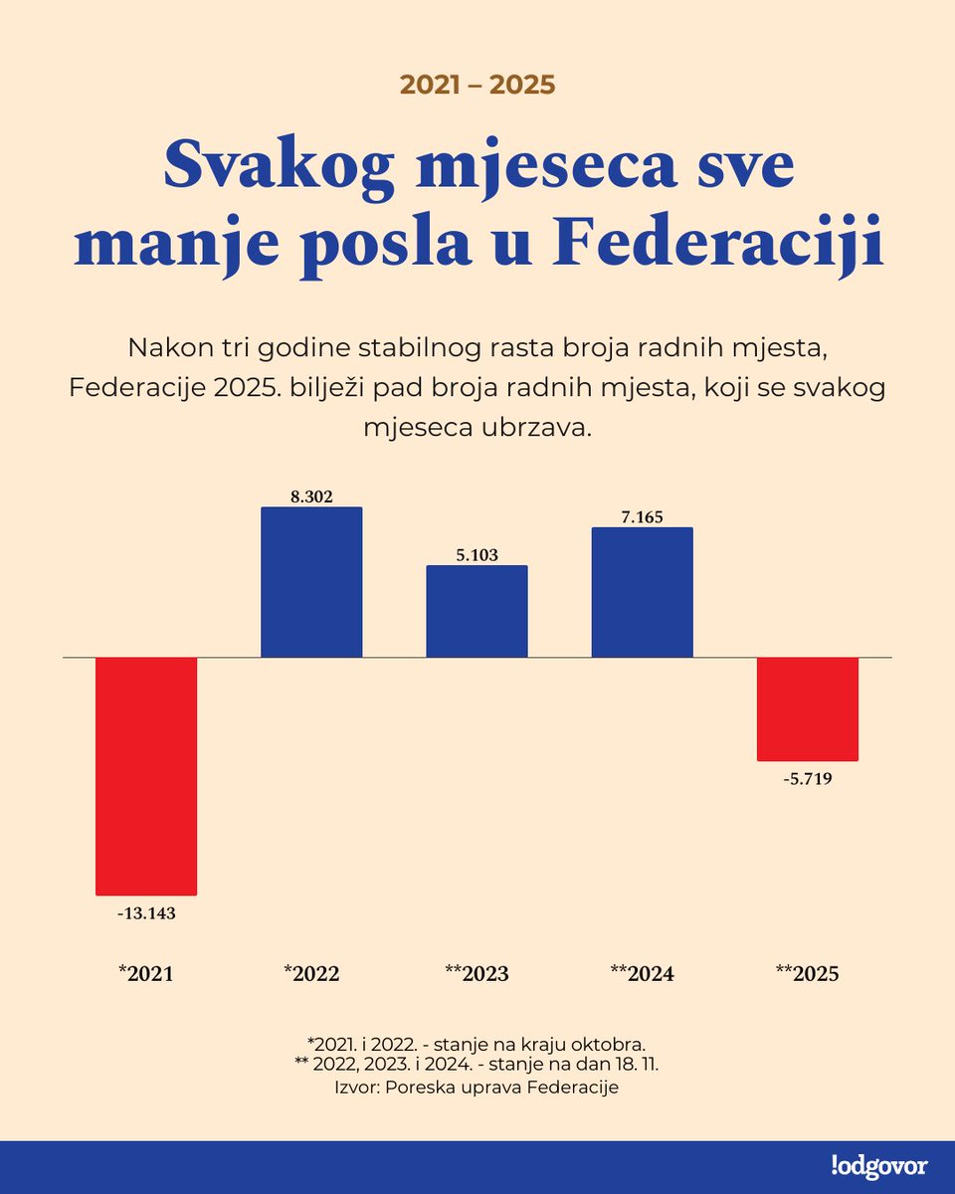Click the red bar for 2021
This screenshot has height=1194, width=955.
point(146,776)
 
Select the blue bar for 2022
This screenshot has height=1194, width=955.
point(311,583)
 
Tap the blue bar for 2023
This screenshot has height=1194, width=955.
point(477,612)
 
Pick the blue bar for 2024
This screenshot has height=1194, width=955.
point(642,593)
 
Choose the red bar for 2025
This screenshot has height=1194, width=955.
point(807,709)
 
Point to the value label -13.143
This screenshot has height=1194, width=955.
point(146,913)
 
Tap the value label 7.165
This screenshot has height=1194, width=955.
point(642,516)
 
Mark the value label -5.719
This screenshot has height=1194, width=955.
point(807,779)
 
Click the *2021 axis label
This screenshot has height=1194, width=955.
point(146,974)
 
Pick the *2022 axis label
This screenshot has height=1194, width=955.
point(311,974)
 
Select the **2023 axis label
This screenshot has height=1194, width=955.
point(477,974)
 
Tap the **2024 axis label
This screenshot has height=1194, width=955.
point(642,974)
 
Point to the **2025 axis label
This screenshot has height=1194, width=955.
point(807,974)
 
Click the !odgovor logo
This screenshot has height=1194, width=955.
point(878,1166)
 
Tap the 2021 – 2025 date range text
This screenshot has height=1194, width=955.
point(477,85)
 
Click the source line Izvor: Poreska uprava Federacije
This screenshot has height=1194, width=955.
point(477,1088)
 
